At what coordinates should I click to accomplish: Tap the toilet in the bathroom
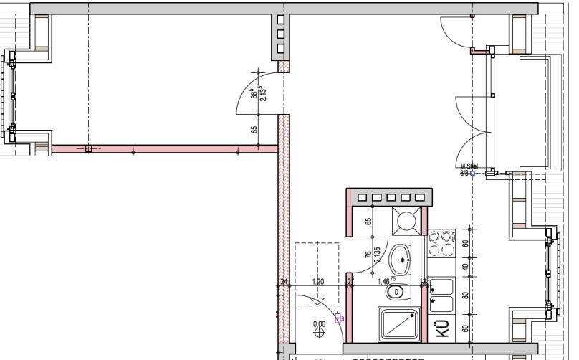click(396, 292)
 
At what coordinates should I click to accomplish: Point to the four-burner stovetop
click(442, 243)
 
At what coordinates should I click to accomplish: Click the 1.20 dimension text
click(318, 281)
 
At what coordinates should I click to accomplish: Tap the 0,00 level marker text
click(320, 324)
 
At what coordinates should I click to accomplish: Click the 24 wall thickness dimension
click(284, 282)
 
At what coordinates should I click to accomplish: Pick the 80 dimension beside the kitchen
click(465, 295)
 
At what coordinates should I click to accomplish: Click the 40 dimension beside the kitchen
click(465, 267)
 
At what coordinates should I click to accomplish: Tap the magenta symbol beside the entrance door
click(338, 318)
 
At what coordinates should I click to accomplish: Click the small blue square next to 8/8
click(472, 173)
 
